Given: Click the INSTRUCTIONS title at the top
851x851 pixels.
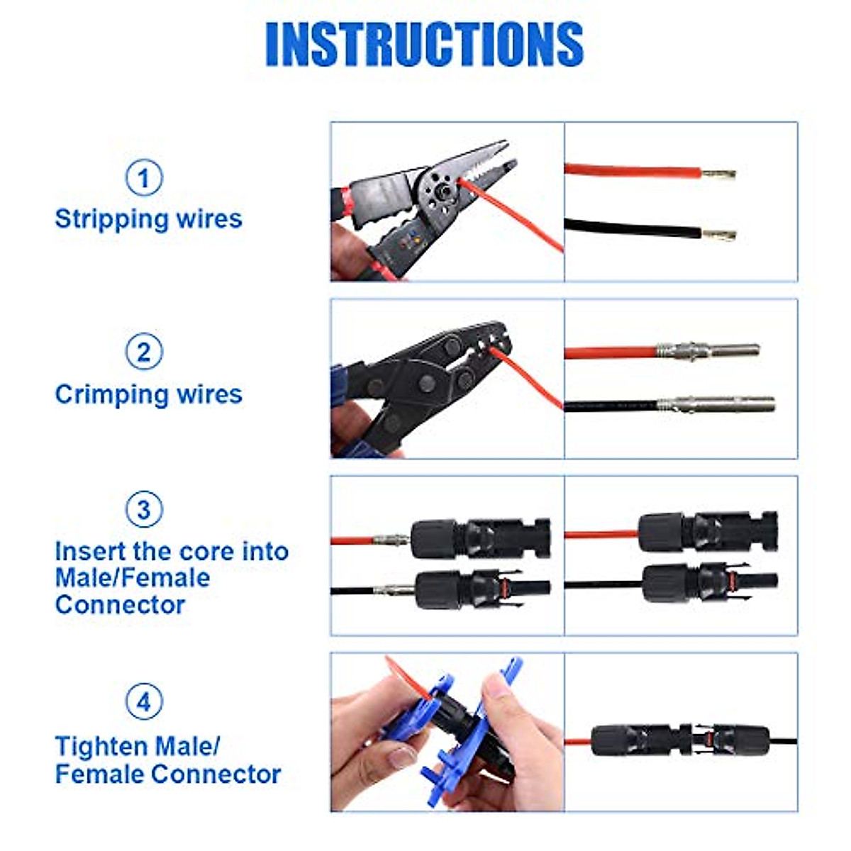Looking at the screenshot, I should click(424, 44).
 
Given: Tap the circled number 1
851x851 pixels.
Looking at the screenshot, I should click(144, 177).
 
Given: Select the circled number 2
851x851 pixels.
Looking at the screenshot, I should click(144, 352).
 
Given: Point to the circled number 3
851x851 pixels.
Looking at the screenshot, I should click(144, 509).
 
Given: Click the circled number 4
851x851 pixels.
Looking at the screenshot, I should click(144, 701).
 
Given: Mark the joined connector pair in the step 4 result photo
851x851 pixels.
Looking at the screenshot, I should click(681, 740).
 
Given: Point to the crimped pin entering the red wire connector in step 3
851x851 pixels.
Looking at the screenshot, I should click(391, 540).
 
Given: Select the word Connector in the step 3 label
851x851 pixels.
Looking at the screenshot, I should click(120, 605).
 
